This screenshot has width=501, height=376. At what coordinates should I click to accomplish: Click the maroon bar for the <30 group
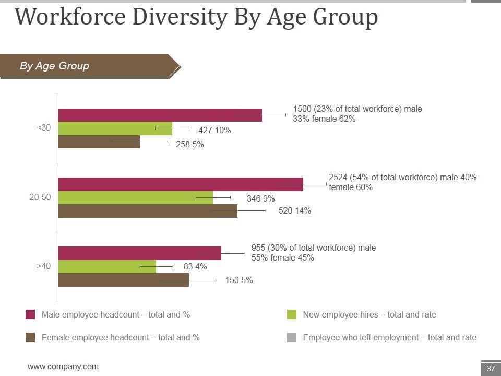click(157, 115)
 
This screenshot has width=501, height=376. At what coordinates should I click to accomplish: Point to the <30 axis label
click(44, 128)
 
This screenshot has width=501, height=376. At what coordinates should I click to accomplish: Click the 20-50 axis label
click(40, 197)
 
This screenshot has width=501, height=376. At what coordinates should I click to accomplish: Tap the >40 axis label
click(44, 266)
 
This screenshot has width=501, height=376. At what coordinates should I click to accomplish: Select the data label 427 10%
click(214, 131)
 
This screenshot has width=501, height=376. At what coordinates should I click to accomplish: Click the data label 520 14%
click(295, 211)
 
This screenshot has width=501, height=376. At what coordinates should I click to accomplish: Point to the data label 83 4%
click(195, 267)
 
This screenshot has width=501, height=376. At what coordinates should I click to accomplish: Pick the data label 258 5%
click(190, 145)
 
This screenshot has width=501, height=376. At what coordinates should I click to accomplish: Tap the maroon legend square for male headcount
click(31, 314)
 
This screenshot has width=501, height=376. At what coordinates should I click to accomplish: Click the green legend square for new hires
click(292, 314)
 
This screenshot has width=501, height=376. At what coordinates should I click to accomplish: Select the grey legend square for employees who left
click(292, 337)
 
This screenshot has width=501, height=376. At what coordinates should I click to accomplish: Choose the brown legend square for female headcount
click(31, 337)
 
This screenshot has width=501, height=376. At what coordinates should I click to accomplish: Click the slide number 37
click(491, 369)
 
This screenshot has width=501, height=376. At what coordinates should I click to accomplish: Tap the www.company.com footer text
click(63, 367)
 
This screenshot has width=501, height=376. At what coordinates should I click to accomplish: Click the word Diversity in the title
click(180, 17)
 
